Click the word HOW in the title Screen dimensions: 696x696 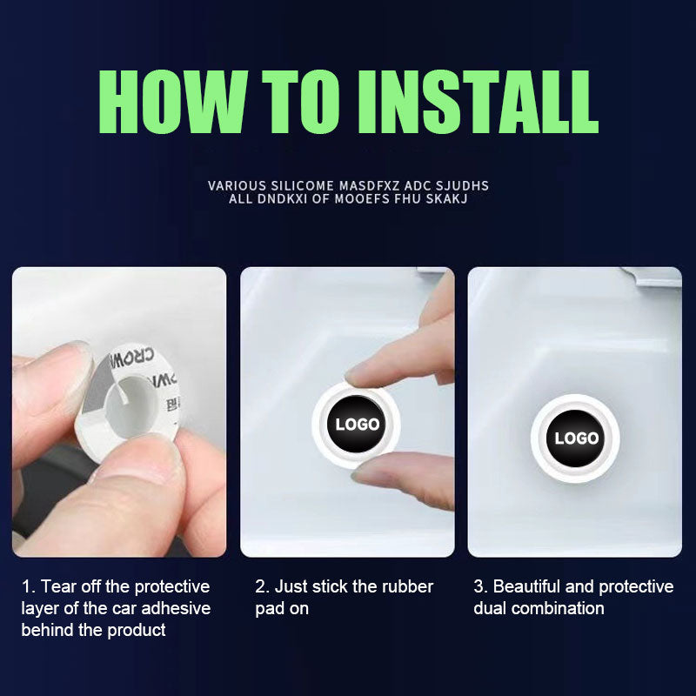(x=171, y=102)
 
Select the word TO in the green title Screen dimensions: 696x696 (x=301, y=102)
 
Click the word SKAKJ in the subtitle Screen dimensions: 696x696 (x=446, y=198)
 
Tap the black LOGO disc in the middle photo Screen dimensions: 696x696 (x=357, y=425)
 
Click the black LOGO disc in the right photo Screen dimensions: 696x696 (x=576, y=438)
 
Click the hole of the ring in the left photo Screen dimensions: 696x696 (x=132, y=407)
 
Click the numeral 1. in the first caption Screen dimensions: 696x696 (x=29, y=586)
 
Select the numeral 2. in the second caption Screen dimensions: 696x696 (x=263, y=586)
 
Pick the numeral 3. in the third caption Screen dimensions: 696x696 (x=481, y=586)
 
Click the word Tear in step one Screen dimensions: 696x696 (x=58, y=586)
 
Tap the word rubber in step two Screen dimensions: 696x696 (x=407, y=586)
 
